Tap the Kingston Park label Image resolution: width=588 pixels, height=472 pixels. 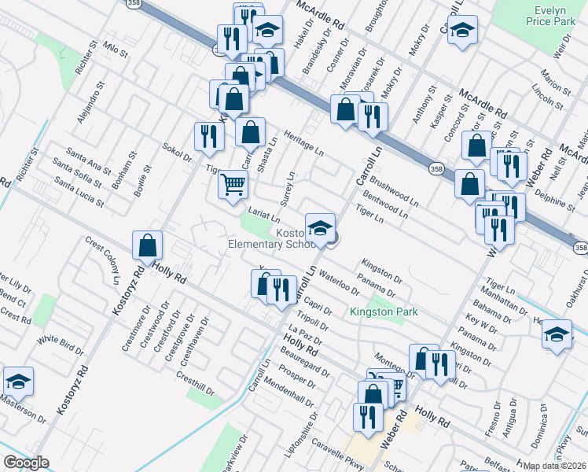pos(384,312)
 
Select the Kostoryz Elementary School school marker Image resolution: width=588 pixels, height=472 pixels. pos(321,228)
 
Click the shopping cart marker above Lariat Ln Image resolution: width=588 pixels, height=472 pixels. pos(233,186)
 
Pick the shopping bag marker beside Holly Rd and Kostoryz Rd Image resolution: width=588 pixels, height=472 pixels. pos(148,246)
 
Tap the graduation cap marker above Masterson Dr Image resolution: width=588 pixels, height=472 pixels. pos(19,382)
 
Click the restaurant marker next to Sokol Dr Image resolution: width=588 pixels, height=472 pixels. pos(209,136)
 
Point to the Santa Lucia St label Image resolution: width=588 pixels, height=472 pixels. pos(79,191)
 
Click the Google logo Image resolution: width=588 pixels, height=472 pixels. pos(26,463)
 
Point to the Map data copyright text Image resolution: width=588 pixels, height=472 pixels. pos(555,466)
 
